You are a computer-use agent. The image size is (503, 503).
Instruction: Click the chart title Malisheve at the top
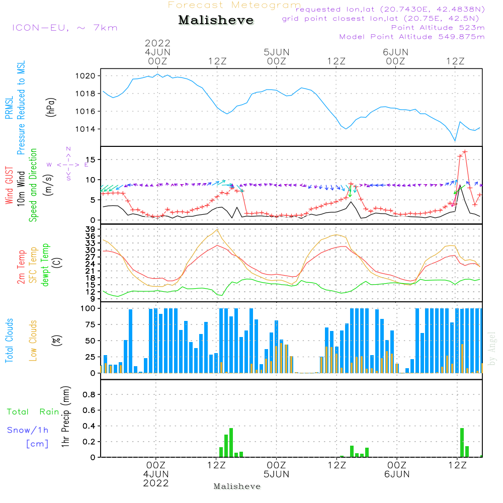[x=216, y=21]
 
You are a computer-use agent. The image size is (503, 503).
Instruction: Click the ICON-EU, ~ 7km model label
[x=64, y=28]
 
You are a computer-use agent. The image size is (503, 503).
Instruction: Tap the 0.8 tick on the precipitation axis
[x=89, y=394]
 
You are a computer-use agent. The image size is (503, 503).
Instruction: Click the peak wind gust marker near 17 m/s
[x=465, y=151]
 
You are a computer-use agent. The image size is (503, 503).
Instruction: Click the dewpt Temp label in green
[x=45, y=265]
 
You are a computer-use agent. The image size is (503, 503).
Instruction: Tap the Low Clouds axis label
[x=33, y=339]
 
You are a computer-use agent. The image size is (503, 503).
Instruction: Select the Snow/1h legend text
[x=28, y=430]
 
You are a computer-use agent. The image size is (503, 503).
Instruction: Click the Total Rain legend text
[x=33, y=412]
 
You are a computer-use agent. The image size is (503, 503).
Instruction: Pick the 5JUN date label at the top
[x=276, y=52]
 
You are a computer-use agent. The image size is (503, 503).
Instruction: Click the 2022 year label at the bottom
[x=156, y=483]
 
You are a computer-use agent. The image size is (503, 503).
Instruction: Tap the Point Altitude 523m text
[x=438, y=28]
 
